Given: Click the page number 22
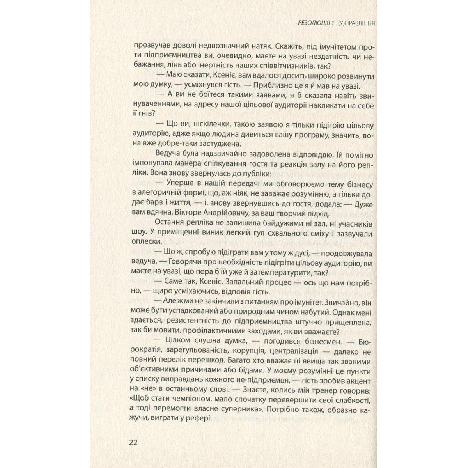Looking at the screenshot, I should tap(133, 443).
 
